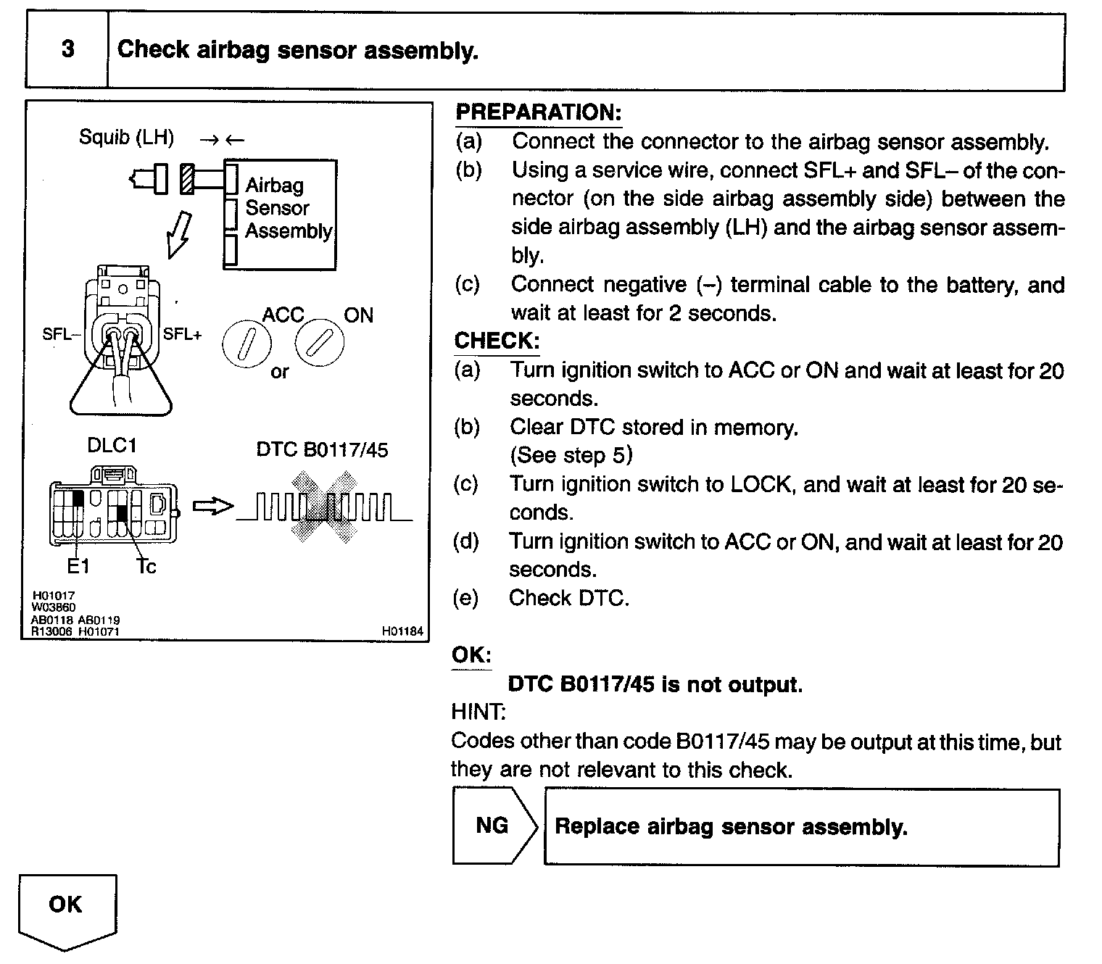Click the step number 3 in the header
67,49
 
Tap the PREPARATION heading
538,112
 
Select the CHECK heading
497,341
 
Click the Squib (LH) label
126,137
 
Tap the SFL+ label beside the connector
182,334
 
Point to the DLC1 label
112,445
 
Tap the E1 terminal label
78,566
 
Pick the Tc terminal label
146,566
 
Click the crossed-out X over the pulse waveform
324,507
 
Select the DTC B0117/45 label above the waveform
322,450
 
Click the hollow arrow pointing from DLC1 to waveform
214,507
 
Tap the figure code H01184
402,631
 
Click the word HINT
478,712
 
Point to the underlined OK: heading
471,655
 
